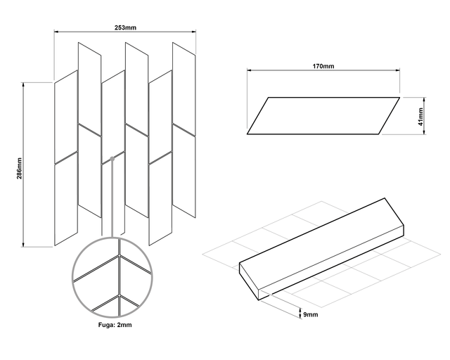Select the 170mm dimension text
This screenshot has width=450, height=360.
[x=323, y=65]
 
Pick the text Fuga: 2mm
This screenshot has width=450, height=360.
[x=112, y=325]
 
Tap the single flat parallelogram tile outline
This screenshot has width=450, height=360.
[x=323, y=115]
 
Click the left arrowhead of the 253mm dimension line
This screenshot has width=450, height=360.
[x=57, y=32]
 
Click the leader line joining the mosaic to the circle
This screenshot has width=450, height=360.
[x=112, y=200]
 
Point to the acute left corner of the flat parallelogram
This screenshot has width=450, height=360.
[x=248, y=133]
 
